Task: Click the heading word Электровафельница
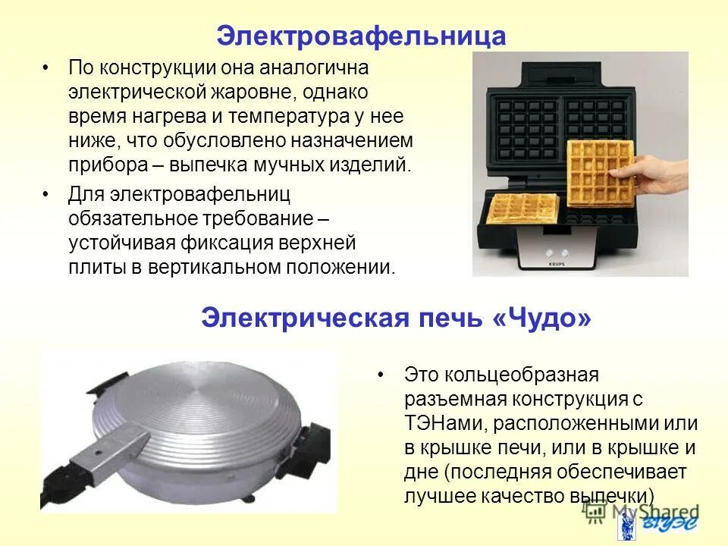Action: pyautogui.click(x=361, y=36)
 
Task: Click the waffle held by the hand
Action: pyautogui.click(x=598, y=171)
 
